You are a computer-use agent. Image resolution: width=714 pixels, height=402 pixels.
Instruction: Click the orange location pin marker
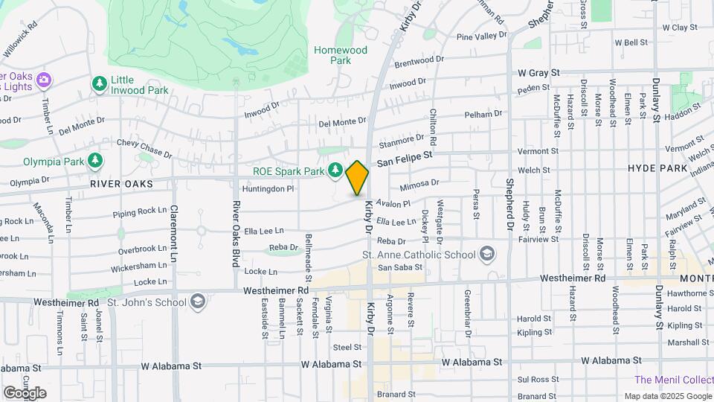coord(357,177)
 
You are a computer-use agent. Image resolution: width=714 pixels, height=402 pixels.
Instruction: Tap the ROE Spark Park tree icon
coord(335,171)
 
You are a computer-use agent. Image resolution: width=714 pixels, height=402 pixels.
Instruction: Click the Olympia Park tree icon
coord(94,160)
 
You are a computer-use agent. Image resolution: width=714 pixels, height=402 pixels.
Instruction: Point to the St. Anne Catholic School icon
coord(486,255)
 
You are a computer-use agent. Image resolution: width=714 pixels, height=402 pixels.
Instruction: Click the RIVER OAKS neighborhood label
coord(121,183)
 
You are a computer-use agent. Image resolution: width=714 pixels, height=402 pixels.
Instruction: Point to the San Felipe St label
coord(404,158)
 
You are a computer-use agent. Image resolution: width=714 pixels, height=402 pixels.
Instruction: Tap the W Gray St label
coord(538,74)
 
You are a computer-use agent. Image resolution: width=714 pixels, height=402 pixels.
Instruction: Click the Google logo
coord(25,392)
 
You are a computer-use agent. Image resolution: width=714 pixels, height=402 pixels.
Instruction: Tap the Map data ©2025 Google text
coord(668,396)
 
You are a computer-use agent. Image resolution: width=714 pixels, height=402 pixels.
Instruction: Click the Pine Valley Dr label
coord(481,36)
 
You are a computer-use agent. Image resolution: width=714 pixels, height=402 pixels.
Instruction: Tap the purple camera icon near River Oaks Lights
coord(43,79)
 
